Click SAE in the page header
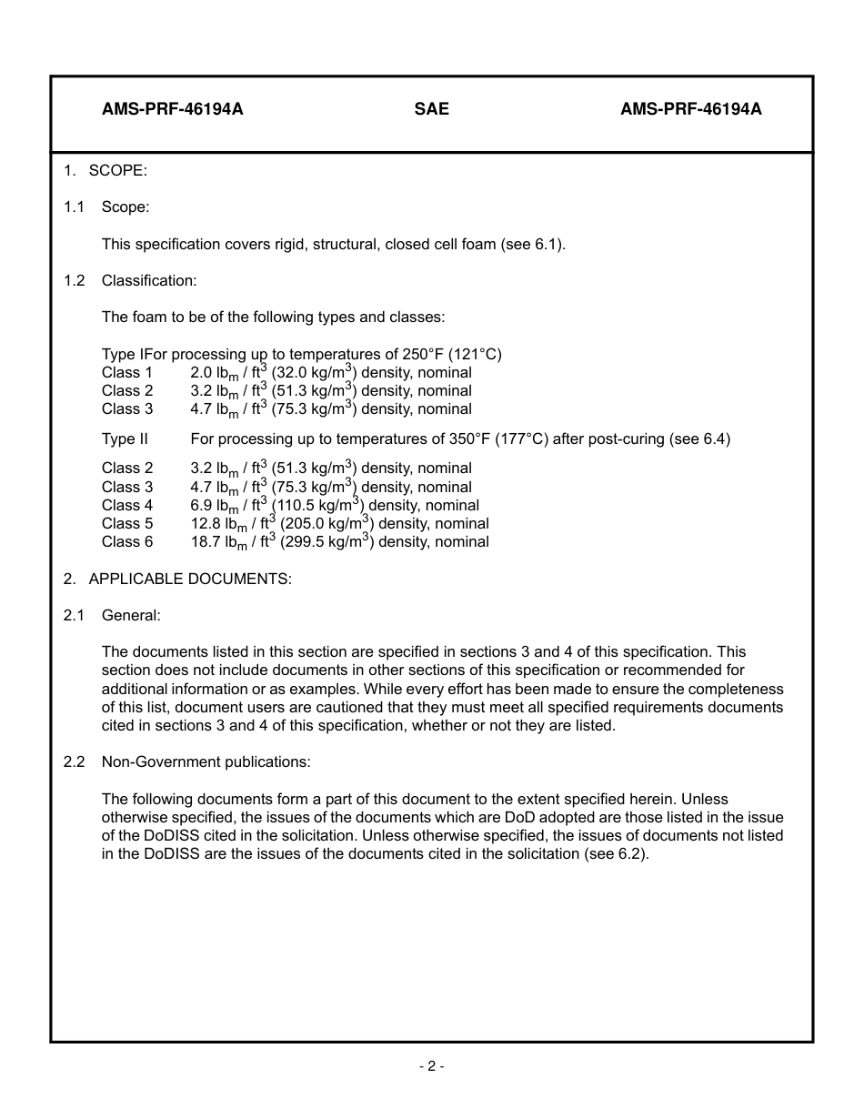tap(431, 109)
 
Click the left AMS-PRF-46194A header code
tap(173, 109)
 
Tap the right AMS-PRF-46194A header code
tap(691, 109)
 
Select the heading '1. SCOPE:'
tap(105, 171)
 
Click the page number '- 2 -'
tap(431, 1066)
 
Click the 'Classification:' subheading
tap(149, 280)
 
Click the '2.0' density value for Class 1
tap(201, 372)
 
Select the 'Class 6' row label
tap(127, 542)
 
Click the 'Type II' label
tap(125, 439)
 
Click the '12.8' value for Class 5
tap(206, 524)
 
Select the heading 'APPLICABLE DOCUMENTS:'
tap(190, 580)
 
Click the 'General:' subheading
tap(131, 616)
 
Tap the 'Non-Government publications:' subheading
tap(206, 762)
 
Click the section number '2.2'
tap(74, 762)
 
